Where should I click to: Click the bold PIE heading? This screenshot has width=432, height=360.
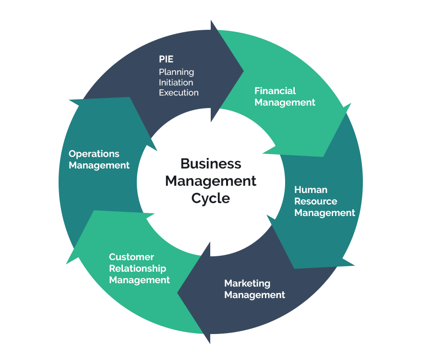click(x=166, y=60)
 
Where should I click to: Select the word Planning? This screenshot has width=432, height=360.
click(x=176, y=72)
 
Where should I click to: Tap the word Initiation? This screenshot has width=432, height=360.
click(x=176, y=82)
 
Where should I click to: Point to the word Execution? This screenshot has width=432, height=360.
click(x=179, y=93)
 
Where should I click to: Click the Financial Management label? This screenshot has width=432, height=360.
click(x=285, y=96)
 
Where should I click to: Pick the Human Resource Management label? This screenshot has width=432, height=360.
click(x=324, y=201)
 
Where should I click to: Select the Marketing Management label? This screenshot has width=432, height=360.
click(x=254, y=289)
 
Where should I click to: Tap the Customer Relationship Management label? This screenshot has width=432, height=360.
click(x=139, y=268)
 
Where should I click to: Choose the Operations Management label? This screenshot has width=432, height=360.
click(x=99, y=159)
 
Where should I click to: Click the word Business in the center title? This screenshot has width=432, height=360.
click(x=211, y=164)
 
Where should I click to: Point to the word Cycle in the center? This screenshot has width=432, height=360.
click(x=211, y=198)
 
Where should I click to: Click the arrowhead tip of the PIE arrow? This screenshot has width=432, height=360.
click(x=243, y=72)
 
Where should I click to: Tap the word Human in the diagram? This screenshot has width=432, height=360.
click(x=311, y=190)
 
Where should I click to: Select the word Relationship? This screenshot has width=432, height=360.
click(x=137, y=268)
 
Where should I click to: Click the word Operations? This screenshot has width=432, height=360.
click(x=94, y=154)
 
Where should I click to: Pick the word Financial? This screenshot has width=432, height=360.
click(x=275, y=91)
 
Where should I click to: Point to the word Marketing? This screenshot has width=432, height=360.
click(x=247, y=283)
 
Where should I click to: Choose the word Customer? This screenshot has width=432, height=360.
click(x=131, y=257)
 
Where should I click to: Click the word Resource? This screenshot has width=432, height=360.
click(x=315, y=201)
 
